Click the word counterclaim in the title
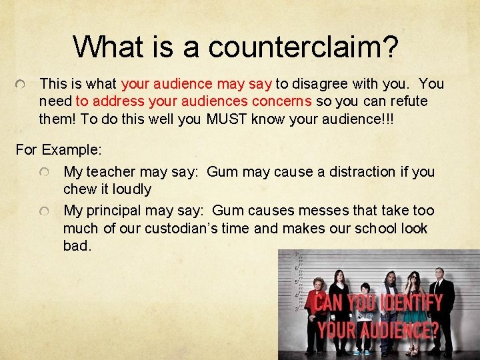pyautogui.click(x=303, y=47)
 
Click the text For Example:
pyautogui.click(x=58, y=149)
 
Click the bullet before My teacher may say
pyautogui.click(x=44, y=173)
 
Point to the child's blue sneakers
pyautogui.click(x=361, y=352)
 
